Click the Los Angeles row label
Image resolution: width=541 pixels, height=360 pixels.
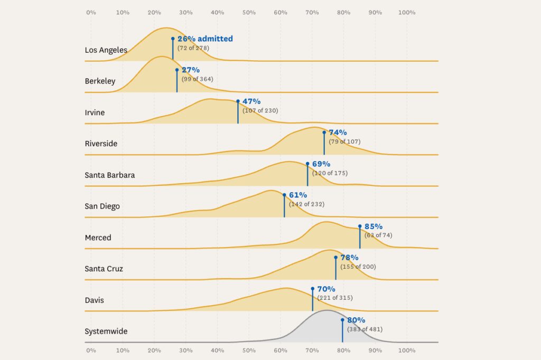pos(106,50)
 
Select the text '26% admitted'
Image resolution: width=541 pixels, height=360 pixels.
pos(205,39)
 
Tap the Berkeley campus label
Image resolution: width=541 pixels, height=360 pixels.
pos(100,81)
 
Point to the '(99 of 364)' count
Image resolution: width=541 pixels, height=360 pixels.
pos(198,79)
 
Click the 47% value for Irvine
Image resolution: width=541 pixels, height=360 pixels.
pos(251,101)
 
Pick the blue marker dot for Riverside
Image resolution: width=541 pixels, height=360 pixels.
pos(324,132)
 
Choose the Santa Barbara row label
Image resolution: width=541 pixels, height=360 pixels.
pos(109,175)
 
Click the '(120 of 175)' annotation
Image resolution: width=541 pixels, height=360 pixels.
pos(330,173)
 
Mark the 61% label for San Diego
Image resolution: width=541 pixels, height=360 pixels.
pos(297,195)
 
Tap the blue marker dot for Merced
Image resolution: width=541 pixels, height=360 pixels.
pos(360,226)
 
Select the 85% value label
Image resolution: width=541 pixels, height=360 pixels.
pos(374,226)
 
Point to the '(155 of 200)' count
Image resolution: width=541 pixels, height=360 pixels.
pos(358,267)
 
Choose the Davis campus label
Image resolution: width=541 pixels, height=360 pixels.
pos(94,300)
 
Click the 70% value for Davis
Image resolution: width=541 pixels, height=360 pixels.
pos(326,289)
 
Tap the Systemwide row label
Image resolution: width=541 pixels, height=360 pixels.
pos(106,331)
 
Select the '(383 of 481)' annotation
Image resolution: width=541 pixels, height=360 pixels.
pos(365,329)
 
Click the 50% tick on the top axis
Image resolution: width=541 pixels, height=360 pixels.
pos(249,12)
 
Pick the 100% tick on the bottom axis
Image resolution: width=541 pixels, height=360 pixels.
pos(407,350)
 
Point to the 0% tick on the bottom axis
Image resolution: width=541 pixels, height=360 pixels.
pos(91,350)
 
